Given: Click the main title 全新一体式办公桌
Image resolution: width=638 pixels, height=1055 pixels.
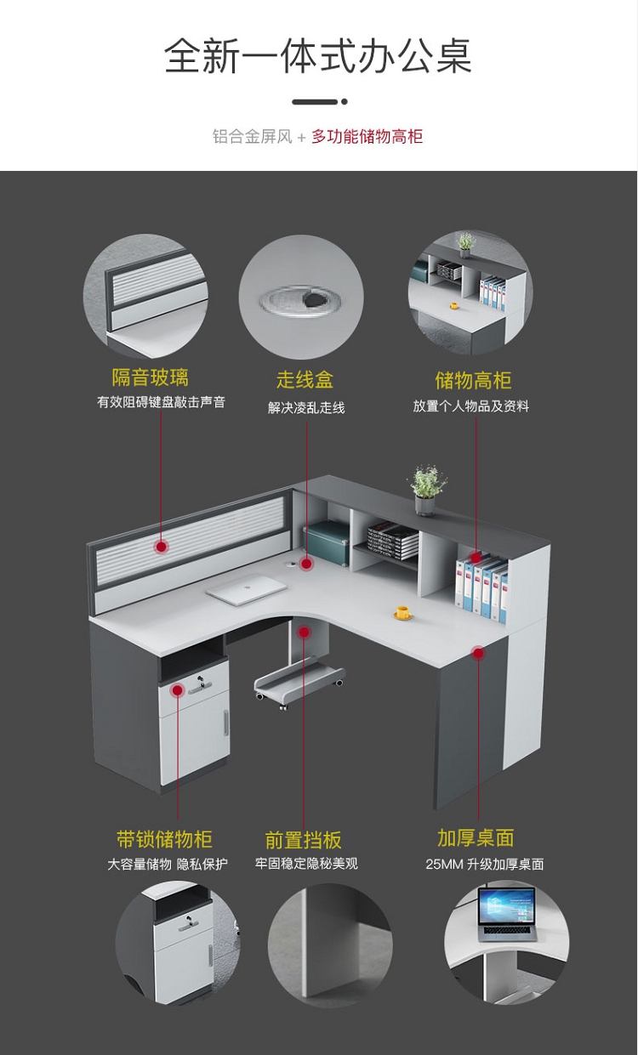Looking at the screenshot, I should (x=318, y=55).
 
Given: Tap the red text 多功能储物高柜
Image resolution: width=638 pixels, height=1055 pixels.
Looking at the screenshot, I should (x=367, y=136).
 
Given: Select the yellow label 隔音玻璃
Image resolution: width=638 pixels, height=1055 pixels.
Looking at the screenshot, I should (x=151, y=377).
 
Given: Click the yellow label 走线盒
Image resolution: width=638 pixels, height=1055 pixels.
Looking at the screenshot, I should (x=305, y=379).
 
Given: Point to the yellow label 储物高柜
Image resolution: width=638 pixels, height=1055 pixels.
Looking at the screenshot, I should (x=472, y=379).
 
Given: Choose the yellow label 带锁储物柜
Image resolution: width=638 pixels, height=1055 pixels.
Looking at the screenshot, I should (x=164, y=839).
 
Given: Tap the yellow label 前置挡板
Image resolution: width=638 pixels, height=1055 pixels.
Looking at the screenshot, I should (x=304, y=840).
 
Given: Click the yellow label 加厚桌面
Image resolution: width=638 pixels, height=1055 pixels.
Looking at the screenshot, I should (x=476, y=838).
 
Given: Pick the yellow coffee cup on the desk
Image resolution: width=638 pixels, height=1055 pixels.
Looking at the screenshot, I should (x=402, y=611).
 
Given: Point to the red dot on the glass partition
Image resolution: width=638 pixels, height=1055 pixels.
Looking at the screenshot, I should (x=161, y=547).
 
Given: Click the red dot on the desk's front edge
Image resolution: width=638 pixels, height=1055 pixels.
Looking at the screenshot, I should (x=478, y=653).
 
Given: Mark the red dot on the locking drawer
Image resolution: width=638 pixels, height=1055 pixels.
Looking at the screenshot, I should (x=177, y=689).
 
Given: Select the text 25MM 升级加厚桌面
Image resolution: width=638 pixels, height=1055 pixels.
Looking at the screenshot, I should (x=484, y=865).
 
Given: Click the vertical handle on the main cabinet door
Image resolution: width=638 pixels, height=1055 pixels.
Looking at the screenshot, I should (x=225, y=723).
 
